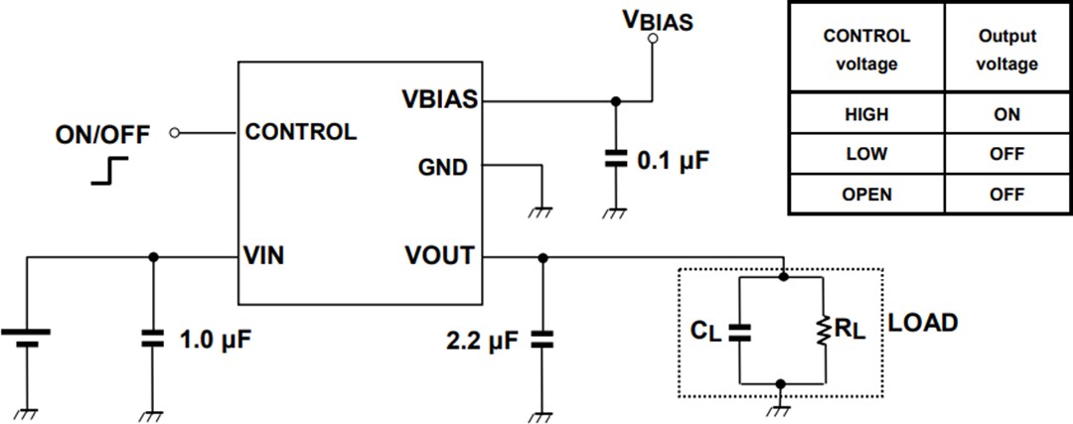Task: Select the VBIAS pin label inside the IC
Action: tap(439, 99)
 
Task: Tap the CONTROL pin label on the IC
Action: tap(300, 132)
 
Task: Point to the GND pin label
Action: tap(443, 167)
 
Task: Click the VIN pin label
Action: tap(264, 256)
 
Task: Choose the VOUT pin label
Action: tap(439, 256)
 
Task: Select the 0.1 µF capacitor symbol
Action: tap(615, 157)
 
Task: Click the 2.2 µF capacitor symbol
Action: tap(541, 340)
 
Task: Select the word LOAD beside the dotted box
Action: tap(923, 323)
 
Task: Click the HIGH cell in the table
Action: tap(866, 114)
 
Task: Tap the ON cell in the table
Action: tap(1006, 114)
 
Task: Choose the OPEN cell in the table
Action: tap(866, 195)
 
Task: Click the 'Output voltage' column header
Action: tap(1006, 50)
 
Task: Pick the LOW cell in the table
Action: tap(866, 155)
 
